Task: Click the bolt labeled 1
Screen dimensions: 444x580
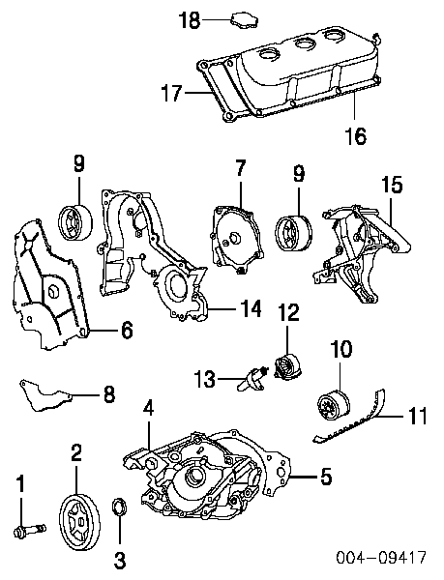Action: pos(30,531)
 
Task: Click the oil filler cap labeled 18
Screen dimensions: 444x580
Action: pos(244,19)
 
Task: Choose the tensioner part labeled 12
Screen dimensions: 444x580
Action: pos(287,366)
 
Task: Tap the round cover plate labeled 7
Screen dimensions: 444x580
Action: pos(238,240)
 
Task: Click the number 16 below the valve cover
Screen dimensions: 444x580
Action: pos(356,135)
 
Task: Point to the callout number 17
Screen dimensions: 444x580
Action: pos(172,93)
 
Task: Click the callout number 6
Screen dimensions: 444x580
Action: pos(127,330)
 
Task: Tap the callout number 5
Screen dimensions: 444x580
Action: pos(326,477)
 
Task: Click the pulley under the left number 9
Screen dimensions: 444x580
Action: pos(75,222)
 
